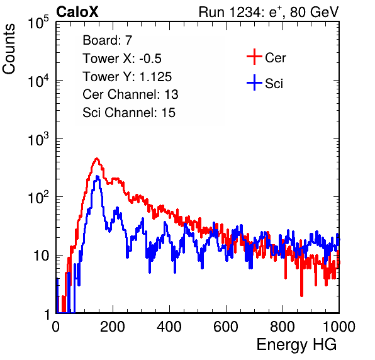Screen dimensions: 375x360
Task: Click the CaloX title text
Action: coord(77,12)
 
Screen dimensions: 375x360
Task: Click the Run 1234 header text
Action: coord(269,12)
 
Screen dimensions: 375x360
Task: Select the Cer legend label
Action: coord(275,58)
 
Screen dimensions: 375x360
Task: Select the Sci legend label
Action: coord(274,84)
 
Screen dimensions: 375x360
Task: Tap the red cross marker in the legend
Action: coord(254,57)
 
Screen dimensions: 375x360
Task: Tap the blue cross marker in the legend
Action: coord(254,82)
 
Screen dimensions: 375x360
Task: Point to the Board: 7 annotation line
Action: coord(108,40)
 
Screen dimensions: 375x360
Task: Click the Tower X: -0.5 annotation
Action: coord(122,59)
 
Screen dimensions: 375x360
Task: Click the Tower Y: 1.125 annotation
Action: coord(127,77)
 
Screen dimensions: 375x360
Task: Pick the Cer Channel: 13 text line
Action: coord(130,94)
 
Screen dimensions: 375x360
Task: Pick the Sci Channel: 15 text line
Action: coord(129,113)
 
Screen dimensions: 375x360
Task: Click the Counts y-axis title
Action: coord(9,49)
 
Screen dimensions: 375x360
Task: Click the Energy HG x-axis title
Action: coord(296,344)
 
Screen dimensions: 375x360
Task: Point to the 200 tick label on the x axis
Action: coord(113,327)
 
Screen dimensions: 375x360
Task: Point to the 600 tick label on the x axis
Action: coord(226,327)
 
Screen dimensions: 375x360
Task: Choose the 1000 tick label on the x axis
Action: coord(339,327)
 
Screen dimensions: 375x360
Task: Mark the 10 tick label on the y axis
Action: coord(42,256)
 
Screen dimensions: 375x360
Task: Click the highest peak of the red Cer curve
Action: coord(97,159)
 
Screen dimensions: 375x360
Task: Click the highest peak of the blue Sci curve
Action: coord(97,176)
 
